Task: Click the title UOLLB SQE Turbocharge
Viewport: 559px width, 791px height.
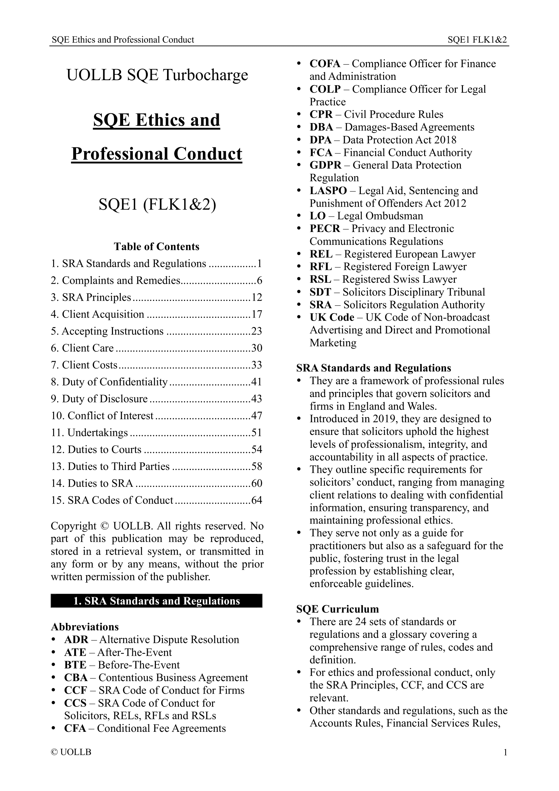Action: pyautogui.click(x=157, y=75)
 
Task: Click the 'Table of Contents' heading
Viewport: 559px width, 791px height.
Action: pyautogui.click(x=156, y=247)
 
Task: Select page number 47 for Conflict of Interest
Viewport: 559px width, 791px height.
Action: pyautogui.click(x=257, y=416)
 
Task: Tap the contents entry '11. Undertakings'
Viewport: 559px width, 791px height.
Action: pyautogui.click(x=90, y=433)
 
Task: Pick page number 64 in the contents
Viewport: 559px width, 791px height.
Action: pyautogui.click(x=257, y=500)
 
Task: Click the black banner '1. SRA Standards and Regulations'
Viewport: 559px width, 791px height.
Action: pyautogui.click(x=156, y=601)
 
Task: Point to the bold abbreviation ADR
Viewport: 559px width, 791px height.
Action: pyautogui.click(x=76, y=639)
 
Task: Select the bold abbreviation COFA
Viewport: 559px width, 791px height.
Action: pyautogui.click(x=324, y=64)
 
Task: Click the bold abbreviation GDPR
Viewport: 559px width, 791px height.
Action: pyautogui.click(x=325, y=165)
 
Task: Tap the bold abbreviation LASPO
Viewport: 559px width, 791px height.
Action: pyautogui.click(x=328, y=190)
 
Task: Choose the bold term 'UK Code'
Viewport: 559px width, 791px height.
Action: pyautogui.click(x=332, y=317)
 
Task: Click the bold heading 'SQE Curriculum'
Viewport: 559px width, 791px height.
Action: pyautogui.click(x=337, y=609)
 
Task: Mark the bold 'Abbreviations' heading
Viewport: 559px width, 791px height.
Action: pyautogui.click(x=85, y=627)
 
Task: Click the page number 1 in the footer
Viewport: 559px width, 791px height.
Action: pyautogui.click(x=505, y=752)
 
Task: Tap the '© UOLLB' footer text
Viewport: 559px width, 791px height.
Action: pyautogui.click(x=71, y=752)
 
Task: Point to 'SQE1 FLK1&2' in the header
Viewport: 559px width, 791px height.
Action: pyautogui.click(x=477, y=40)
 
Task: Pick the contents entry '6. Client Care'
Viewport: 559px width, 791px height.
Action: pyautogui.click(x=82, y=348)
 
